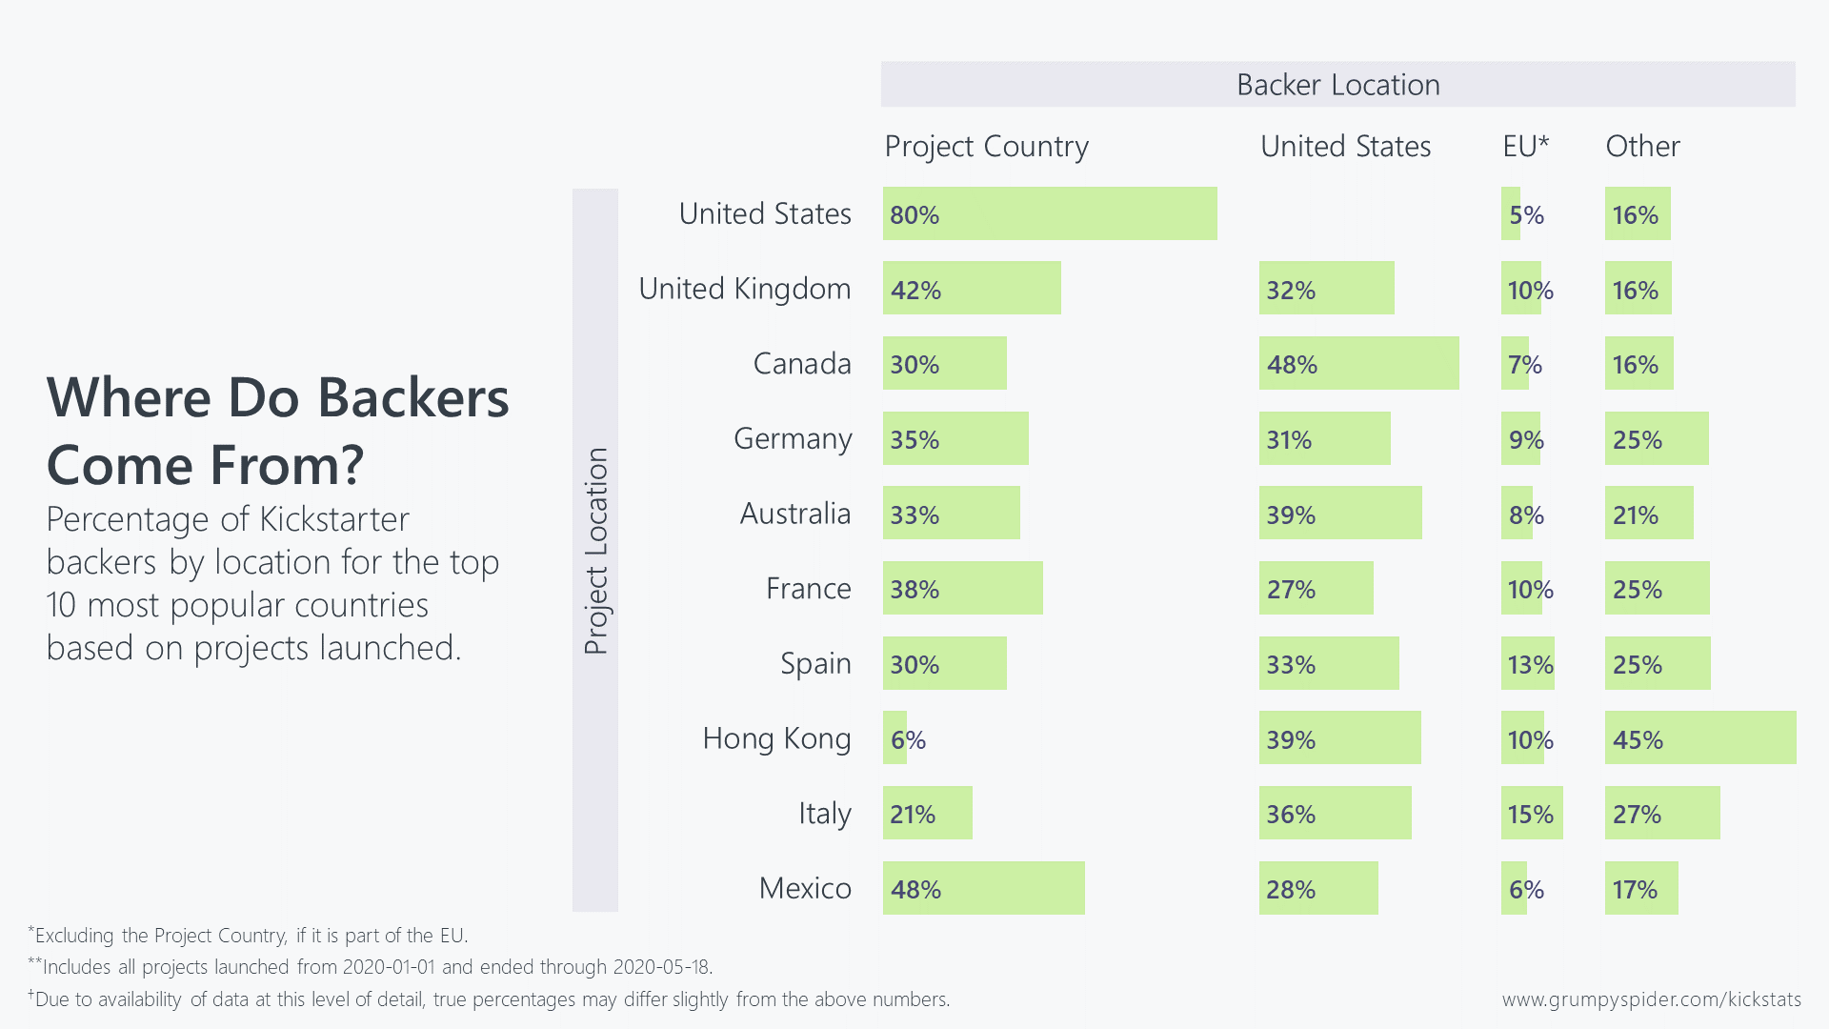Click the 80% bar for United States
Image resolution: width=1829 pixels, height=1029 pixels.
1050,213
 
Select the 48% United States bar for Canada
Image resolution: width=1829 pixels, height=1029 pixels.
1358,363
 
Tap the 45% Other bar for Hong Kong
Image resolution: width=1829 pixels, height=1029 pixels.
1700,737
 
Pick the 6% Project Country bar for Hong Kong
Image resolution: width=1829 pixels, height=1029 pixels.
895,737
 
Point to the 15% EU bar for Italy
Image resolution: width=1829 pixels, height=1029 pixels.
1532,813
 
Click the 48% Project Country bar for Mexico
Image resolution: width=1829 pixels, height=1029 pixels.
983,888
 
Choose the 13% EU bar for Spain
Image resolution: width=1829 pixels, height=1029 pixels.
1528,663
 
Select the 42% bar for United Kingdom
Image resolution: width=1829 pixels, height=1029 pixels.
972,288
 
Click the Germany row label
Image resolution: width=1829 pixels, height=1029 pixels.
793,438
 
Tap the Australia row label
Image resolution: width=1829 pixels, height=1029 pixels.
795,514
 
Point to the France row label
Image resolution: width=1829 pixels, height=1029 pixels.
809,589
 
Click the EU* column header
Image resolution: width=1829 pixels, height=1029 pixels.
1526,147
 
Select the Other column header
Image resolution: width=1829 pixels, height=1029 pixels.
1642,147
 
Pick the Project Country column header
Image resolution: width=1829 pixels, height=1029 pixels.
986,147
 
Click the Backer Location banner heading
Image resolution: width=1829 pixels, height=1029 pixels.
1337,85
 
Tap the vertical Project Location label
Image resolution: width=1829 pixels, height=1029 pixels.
595,551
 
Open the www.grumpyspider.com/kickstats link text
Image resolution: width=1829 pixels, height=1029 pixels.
1651,999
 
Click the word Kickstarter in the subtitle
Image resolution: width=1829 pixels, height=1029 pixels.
334,520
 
